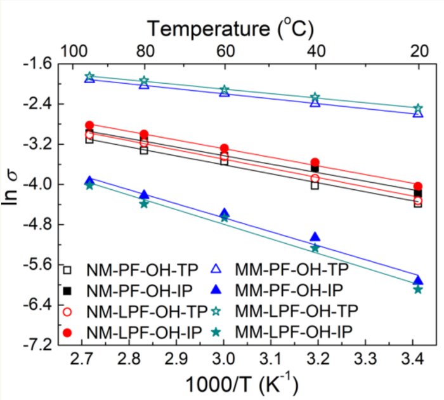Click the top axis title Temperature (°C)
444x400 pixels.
232,28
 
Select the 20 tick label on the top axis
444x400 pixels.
417,50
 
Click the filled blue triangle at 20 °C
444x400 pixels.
418,280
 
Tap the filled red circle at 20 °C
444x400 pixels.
418,186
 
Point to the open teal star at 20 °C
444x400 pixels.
418,109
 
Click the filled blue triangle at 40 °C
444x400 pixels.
315,237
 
